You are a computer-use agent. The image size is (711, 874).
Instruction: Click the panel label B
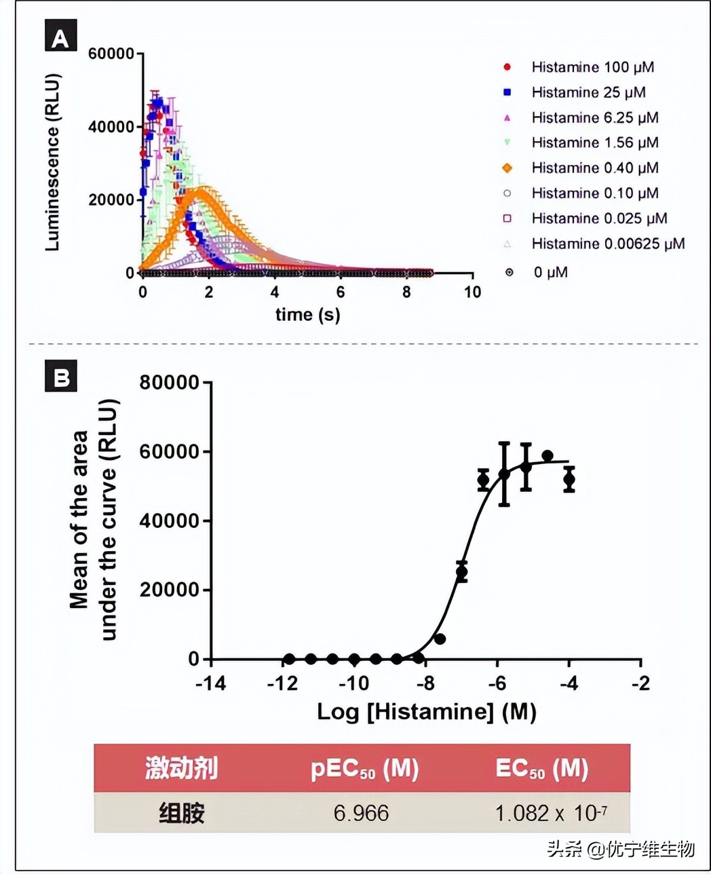pos(60,377)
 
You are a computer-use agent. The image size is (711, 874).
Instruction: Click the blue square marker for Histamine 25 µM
pos(507,92)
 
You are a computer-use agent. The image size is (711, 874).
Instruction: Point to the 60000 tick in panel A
pos(111,54)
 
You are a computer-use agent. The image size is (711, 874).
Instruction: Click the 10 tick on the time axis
pos(472,292)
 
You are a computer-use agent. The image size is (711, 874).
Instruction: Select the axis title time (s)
pos(307,314)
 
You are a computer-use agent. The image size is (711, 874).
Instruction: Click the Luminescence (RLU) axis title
pos(53,162)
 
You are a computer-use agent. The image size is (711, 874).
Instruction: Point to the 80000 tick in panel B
pos(170,383)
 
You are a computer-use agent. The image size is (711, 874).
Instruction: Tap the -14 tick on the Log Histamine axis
pos(210,683)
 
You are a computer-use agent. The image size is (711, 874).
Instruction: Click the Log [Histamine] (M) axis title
pos(426,712)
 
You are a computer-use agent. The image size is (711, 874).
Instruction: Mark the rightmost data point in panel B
pos(569,479)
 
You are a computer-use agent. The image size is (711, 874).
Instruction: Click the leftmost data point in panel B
pos(290,659)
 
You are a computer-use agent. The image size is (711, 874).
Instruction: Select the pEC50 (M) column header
pos(364,769)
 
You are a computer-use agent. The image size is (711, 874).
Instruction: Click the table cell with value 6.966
pos(361,812)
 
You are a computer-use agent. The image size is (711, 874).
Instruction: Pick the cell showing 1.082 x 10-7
pos(550,812)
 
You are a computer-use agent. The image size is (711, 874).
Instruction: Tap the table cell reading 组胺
pos(181,812)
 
